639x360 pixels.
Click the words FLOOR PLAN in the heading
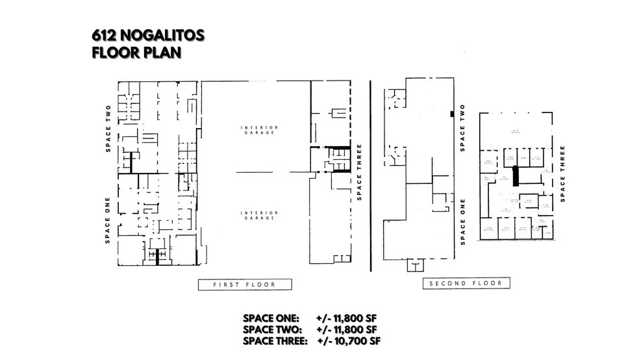(136, 52)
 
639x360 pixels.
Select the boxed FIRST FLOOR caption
(245, 284)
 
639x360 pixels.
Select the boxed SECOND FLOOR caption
(466, 284)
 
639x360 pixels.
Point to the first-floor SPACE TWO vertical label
(109, 129)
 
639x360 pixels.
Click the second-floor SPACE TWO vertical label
(462, 128)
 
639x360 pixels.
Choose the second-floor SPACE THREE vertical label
(562, 173)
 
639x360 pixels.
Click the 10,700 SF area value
(353, 341)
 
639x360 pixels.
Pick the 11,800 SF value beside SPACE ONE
(347, 318)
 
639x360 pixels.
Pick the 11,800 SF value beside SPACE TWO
(347, 329)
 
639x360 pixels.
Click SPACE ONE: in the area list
(270, 318)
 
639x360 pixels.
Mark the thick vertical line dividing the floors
(370, 175)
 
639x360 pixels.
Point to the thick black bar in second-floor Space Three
(516, 176)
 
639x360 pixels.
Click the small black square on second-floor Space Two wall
(451, 114)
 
